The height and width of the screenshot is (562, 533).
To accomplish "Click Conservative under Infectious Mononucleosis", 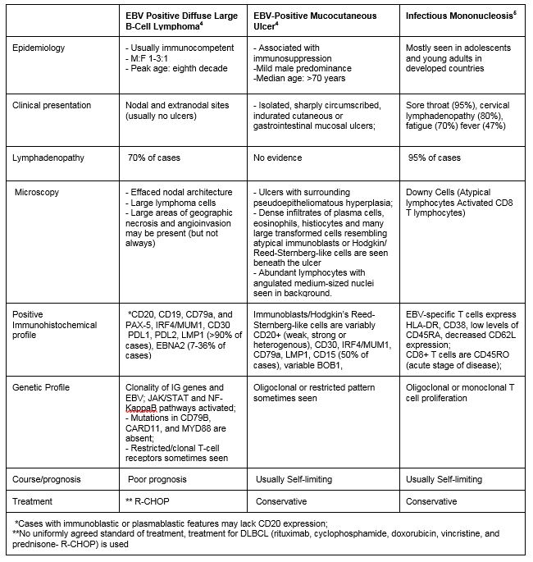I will coord(431,500).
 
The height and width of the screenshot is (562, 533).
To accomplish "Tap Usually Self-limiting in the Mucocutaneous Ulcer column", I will coord(294,479).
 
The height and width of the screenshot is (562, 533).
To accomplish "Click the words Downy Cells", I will coord(430,192).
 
